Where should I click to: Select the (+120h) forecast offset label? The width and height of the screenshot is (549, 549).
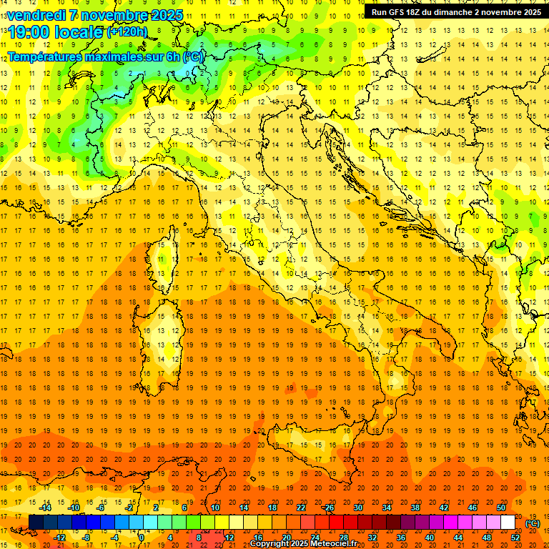pos(127,32)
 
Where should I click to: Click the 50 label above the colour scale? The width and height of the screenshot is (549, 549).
pos(500,508)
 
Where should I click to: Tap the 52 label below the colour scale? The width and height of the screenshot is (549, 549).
pos(515,538)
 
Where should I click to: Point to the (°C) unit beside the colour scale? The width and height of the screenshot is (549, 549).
pos(533,523)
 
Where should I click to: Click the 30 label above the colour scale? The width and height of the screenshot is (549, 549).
pos(357,508)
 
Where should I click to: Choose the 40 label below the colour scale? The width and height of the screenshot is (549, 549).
pos(429,538)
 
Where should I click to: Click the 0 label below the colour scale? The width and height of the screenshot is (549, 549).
pos(142,538)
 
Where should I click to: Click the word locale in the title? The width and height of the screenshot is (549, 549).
pos(81,31)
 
